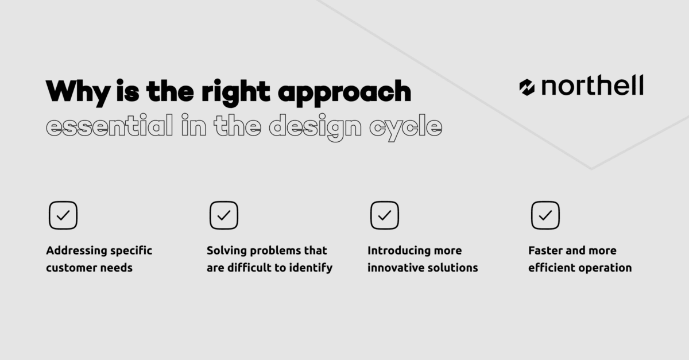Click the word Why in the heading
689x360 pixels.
tap(78, 93)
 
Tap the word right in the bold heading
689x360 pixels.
tap(235, 93)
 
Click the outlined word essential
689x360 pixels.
tap(109, 125)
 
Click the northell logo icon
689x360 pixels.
tap(527, 87)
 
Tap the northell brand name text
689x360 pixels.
tap(593, 85)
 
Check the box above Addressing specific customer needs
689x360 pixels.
tap(63, 215)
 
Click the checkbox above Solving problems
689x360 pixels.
tap(224, 215)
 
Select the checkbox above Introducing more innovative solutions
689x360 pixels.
tap(385, 215)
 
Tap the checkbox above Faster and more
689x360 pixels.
tap(545, 215)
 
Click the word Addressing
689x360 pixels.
tap(76, 251)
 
